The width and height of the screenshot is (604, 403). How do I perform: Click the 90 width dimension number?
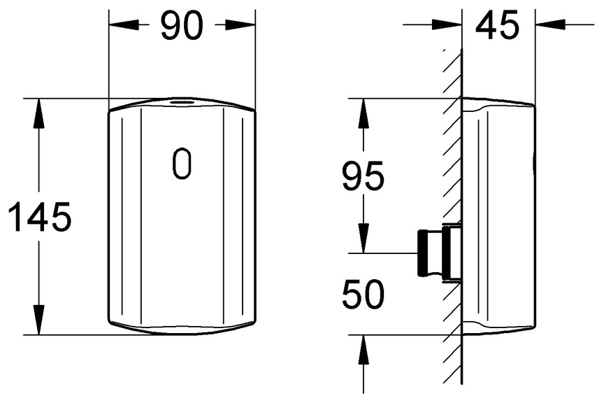[x=182, y=25]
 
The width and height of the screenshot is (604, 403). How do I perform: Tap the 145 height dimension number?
[x=40, y=216]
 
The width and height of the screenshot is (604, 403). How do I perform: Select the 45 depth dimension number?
[x=497, y=25]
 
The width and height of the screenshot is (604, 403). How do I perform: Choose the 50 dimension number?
[x=363, y=294]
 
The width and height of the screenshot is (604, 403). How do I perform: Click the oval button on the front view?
[x=182, y=164]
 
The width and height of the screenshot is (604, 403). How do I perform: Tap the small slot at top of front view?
[x=181, y=102]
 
